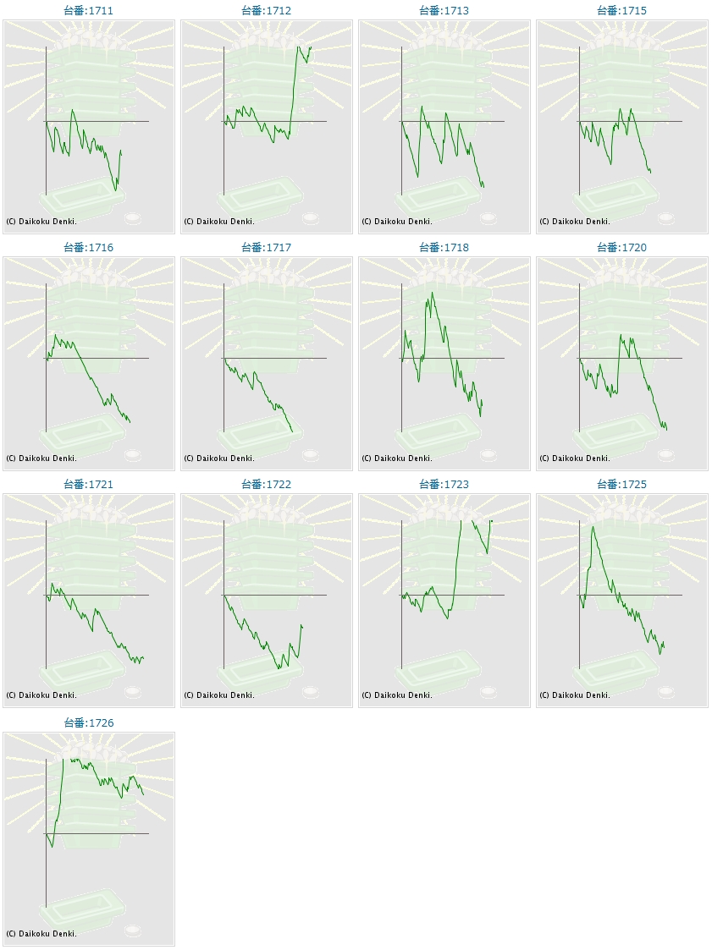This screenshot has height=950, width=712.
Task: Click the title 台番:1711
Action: click(89, 11)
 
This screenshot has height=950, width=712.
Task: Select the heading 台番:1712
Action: click(267, 11)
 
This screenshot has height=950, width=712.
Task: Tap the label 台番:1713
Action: click(444, 11)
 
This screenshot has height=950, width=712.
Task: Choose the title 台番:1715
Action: click(622, 11)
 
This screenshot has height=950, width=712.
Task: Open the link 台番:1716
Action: click(89, 248)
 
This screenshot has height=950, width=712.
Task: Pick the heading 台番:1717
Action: click(267, 248)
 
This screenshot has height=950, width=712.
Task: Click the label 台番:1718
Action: click(444, 248)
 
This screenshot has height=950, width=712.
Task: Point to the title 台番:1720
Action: click(622, 248)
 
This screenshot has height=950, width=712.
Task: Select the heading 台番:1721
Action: click(89, 485)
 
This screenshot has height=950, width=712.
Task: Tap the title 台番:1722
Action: click(267, 485)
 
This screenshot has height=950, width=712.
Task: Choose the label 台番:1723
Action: click(444, 485)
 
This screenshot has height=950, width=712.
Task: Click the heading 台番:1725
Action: click(622, 485)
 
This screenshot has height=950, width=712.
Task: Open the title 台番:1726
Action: click(89, 723)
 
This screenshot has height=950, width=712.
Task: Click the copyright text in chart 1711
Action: click(41, 222)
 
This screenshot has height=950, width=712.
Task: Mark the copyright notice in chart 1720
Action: click(575, 459)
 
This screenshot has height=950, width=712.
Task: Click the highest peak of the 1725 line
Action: click(593, 527)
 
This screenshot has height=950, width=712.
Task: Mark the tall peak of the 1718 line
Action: click(432, 294)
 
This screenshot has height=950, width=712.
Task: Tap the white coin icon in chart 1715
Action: click(666, 218)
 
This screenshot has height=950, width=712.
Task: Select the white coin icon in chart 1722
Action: click(311, 692)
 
